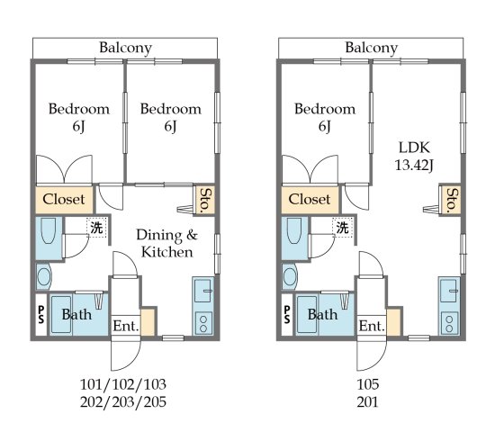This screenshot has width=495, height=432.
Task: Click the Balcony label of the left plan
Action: [x=125, y=48]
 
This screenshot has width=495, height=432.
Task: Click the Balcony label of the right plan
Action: [x=372, y=48]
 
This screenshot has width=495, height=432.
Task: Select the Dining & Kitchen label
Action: [x=166, y=244]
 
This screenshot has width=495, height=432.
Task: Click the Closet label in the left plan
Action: [x=64, y=199]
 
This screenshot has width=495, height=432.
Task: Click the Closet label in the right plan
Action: [x=310, y=199]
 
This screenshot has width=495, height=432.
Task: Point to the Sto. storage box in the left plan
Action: [x=205, y=199]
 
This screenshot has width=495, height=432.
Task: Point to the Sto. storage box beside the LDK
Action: [x=451, y=199]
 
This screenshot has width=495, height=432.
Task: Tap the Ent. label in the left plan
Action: [x=125, y=326]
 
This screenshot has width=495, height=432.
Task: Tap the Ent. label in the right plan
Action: [x=372, y=326]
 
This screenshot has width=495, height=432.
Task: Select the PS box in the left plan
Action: [x=40, y=315]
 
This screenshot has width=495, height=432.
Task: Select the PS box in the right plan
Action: [x=286, y=315]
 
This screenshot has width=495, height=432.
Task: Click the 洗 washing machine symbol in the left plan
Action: [x=96, y=228]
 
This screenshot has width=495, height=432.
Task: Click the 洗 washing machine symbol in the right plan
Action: [x=343, y=228]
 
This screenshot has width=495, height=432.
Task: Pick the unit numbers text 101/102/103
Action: [x=123, y=384]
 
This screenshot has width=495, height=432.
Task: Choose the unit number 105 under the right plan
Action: [x=369, y=384]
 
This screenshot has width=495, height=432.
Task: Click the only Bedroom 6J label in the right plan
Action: [x=325, y=118]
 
